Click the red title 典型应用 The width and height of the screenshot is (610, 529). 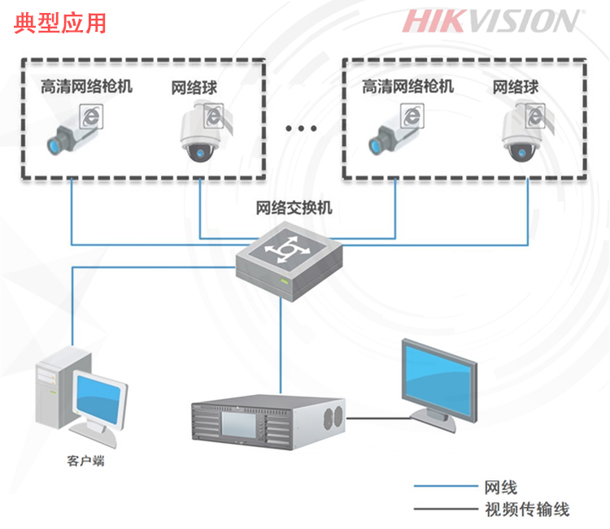click(x=60, y=24)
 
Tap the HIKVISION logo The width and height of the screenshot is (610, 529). click(x=491, y=21)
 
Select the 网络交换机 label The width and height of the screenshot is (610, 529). click(x=294, y=208)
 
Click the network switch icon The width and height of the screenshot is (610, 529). click(x=290, y=261)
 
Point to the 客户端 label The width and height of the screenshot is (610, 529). click(x=85, y=461)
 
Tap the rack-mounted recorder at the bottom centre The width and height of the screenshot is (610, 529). click(x=268, y=422)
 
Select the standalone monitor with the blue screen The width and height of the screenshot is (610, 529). click(x=439, y=385)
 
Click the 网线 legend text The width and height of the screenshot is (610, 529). click(x=501, y=488)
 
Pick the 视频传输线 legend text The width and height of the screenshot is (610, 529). click(x=527, y=509)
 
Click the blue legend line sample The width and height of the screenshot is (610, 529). click(x=446, y=486)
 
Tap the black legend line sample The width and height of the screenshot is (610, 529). click(x=446, y=509)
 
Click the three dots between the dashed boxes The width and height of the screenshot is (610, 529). click(x=301, y=128)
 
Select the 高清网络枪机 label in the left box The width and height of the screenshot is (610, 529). click(x=87, y=86)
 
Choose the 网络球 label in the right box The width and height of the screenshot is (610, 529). click(x=516, y=87)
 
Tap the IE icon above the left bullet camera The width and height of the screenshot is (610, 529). click(x=91, y=116)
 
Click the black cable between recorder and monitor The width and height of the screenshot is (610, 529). click(x=378, y=418)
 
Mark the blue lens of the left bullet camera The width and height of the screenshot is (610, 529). click(x=54, y=146)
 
